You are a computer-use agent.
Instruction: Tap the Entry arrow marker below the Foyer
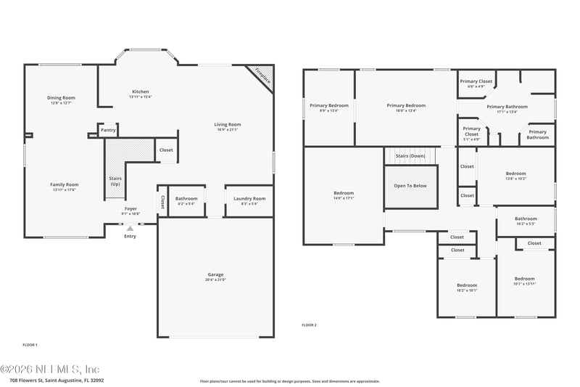(130, 229)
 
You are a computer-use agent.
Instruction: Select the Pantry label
(108, 131)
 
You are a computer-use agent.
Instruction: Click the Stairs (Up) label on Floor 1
(115, 181)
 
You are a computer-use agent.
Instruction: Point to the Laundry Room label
(249, 198)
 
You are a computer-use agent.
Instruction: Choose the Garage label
(215, 274)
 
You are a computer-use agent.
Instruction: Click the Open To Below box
(410, 186)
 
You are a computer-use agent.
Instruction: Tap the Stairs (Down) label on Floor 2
(410, 156)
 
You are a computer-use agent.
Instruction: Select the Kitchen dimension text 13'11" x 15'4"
(140, 97)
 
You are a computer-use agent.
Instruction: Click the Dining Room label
(61, 98)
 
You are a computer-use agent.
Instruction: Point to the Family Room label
(64, 184)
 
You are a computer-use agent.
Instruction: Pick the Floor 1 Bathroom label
(186, 198)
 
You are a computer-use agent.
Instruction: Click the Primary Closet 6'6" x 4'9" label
(476, 82)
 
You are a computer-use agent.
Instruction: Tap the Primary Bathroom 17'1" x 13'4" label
(507, 107)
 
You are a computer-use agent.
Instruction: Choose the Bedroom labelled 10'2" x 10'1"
(467, 285)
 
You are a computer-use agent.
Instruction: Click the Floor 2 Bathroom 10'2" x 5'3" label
(526, 219)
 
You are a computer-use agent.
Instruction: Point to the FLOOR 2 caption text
(309, 325)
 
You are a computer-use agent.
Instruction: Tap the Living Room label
(227, 125)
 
